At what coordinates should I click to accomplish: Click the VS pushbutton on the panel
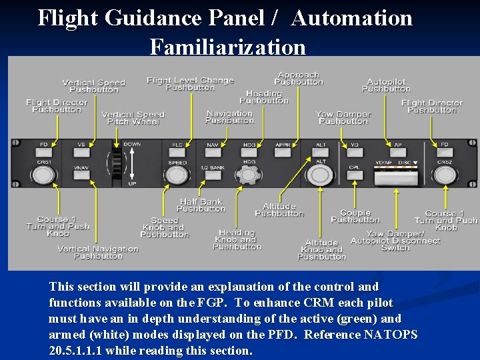point(81,145)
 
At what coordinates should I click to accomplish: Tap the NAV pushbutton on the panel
point(213,145)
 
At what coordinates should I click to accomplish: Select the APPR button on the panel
point(283,145)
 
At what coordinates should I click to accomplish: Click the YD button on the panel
point(355,145)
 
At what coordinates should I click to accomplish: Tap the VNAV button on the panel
point(81,168)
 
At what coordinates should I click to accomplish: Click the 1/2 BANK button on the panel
point(213,168)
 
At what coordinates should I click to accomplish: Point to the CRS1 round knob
point(43,175)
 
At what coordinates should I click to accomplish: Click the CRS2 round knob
point(445,175)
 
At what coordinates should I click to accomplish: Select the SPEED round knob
point(176,175)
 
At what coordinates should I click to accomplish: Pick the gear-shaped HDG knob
point(249,175)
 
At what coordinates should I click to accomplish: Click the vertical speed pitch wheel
point(117,164)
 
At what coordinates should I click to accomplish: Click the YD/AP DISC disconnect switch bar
point(393,175)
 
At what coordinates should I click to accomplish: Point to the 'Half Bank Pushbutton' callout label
point(201,205)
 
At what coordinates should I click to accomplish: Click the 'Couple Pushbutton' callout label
point(355,216)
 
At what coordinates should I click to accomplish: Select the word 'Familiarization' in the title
point(227,47)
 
